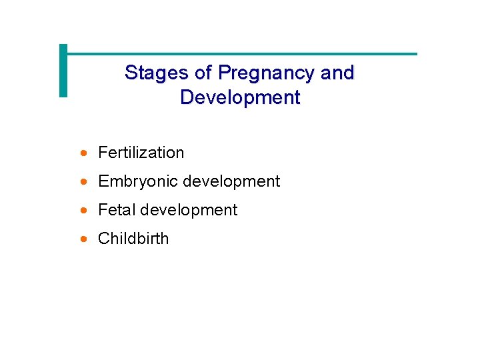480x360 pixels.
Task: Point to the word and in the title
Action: pos(337,73)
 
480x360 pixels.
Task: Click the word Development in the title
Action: pos(240,97)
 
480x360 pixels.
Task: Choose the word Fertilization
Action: pos(141,153)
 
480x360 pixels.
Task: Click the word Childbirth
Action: pos(133,239)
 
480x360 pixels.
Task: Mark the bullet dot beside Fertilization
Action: pos(83,153)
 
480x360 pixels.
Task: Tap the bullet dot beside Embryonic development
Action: pos(83,182)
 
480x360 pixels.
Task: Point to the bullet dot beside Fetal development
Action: pos(83,211)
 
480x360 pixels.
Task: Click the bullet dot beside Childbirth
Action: pos(83,239)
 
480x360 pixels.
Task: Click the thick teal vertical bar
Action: pos(63,71)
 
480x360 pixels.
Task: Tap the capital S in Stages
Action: pos(131,73)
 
